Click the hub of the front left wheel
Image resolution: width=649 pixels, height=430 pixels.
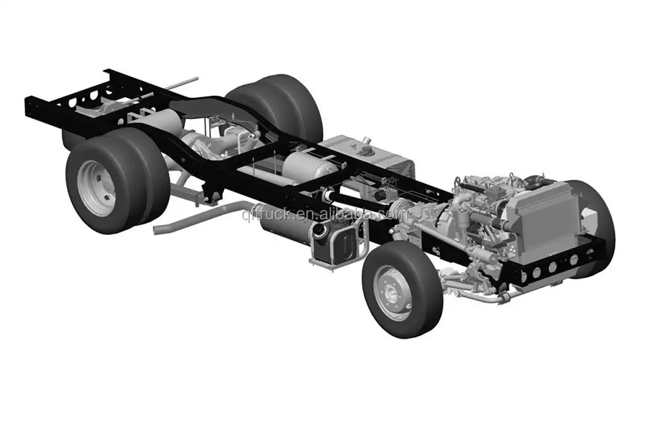pos(393,293)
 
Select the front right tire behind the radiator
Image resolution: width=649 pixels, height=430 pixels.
pos(596,218)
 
